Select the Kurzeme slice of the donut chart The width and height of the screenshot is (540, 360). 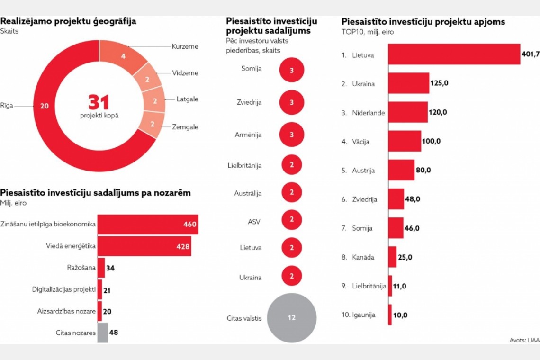(122, 56)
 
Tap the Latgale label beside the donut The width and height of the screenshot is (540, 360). (188, 99)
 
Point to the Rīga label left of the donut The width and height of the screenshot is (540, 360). (6, 106)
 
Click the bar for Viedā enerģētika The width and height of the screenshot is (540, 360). (144, 246)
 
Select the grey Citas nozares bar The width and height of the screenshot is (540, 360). (102, 333)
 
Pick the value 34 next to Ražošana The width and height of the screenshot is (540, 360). (110, 268)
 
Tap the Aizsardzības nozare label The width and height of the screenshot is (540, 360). (66, 311)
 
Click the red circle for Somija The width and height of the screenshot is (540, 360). (291, 70)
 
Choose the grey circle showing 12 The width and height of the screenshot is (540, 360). (291, 317)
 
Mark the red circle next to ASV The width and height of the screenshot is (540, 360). (291, 219)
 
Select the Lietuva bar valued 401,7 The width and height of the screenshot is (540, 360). (454, 54)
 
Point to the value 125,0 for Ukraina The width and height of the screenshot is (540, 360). (440, 83)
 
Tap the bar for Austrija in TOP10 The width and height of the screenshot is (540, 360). (401, 170)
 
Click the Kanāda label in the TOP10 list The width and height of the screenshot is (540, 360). (363, 257)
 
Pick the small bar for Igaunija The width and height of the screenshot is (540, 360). (390, 315)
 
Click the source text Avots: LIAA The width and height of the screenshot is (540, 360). (524, 340)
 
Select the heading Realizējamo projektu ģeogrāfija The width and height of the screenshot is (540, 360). (68, 21)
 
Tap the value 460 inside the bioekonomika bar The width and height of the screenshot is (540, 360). (190, 224)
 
